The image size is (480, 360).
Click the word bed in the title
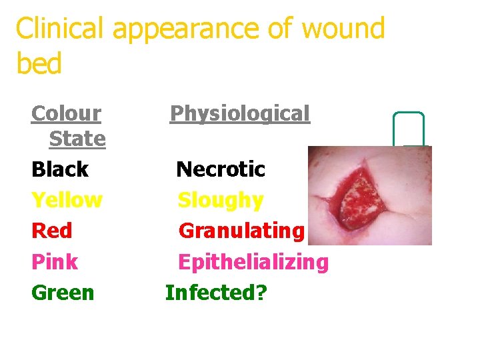39,64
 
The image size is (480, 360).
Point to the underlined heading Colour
66,114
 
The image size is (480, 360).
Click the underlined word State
77,139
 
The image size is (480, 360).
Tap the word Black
60,169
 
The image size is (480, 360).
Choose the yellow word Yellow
67,200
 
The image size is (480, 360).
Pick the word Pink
55,261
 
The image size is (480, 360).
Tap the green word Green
63,292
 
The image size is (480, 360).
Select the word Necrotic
221,169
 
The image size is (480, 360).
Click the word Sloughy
221,200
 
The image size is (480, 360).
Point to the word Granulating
241,231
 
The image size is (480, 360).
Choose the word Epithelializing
253,262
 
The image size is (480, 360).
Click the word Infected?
216,292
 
